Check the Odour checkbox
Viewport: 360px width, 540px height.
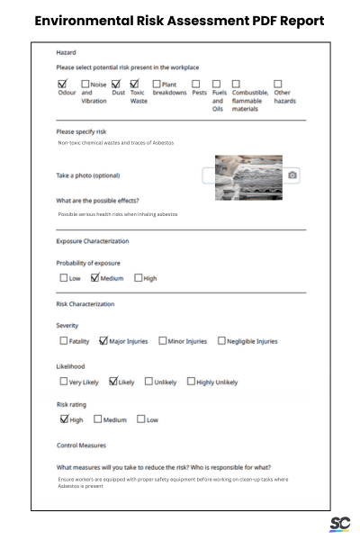[64, 84]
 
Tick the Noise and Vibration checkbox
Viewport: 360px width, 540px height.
[86, 84]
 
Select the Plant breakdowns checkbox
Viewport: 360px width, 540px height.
[157, 84]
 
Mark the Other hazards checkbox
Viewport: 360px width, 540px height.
[277, 84]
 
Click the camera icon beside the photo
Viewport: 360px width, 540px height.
[292, 175]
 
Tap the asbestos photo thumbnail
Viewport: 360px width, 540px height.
[248, 177]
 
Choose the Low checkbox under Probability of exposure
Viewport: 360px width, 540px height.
[64, 278]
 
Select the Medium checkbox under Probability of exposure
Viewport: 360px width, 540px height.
[94, 278]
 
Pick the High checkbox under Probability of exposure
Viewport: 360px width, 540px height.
[139, 278]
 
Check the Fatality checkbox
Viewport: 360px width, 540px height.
[64, 341]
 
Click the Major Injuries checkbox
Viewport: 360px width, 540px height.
[103, 341]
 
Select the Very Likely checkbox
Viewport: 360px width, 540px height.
[64, 382]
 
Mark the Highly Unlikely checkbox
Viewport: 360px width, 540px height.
[191, 382]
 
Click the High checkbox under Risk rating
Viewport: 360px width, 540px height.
[64, 419]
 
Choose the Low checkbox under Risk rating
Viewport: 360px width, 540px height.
[141, 419]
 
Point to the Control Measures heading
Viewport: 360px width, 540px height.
[81, 445]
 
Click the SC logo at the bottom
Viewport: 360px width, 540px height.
[339, 524]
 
